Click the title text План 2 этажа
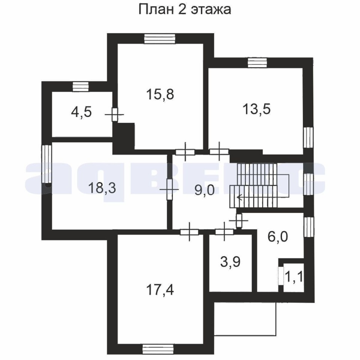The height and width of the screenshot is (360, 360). [x=184, y=10]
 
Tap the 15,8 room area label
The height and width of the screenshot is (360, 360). [x=160, y=94]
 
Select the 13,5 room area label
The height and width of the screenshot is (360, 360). [x=256, y=109]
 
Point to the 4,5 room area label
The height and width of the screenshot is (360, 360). [x=81, y=112]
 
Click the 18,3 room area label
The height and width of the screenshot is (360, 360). [x=102, y=188]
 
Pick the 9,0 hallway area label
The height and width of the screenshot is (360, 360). [x=204, y=190]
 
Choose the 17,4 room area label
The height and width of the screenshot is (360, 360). [x=160, y=290]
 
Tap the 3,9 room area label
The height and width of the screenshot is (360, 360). [x=230, y=262]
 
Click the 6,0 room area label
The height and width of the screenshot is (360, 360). [x=277, y=237]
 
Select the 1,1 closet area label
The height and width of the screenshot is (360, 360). [x=294, y=277]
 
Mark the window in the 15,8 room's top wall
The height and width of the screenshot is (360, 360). [x=160, y=39]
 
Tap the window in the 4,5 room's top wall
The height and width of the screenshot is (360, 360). [x=81, y=87]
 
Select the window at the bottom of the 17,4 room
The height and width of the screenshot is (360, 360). [x=157, y=349]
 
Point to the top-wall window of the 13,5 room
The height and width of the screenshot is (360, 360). [x=257, y=63]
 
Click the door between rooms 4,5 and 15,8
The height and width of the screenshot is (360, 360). [x=115, y=114]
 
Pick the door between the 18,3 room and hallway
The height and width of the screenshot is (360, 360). [x=169, y=189]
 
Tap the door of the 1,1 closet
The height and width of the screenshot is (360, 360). [x=281, y=276]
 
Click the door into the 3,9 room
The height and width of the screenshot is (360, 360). [x=224, y=232]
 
